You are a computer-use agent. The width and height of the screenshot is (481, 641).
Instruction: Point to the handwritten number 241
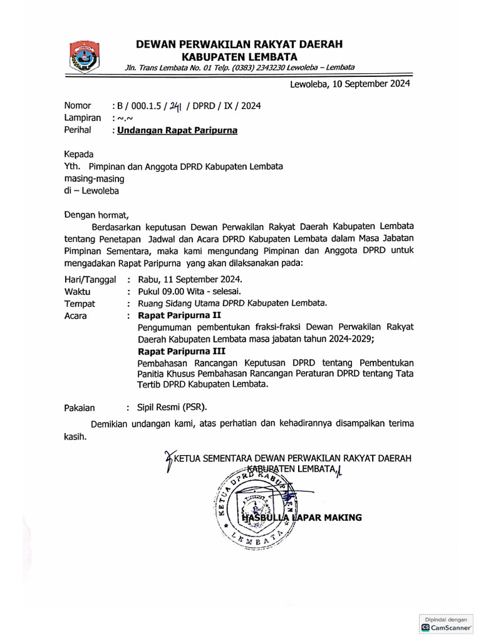171,106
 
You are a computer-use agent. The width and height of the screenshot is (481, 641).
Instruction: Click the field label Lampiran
83,118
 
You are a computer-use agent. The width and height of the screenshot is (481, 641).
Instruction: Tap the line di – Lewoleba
91,191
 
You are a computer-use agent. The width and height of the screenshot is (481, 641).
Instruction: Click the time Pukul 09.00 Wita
178,292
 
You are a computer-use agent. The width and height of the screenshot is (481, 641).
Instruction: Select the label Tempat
80,304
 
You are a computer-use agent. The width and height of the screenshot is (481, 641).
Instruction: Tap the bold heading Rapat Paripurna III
182,351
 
